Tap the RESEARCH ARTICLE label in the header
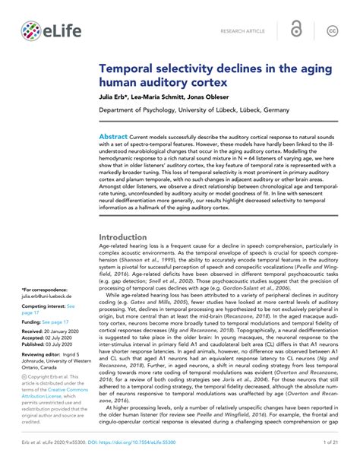pos(242,31)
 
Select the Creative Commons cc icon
pos(332,30)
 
